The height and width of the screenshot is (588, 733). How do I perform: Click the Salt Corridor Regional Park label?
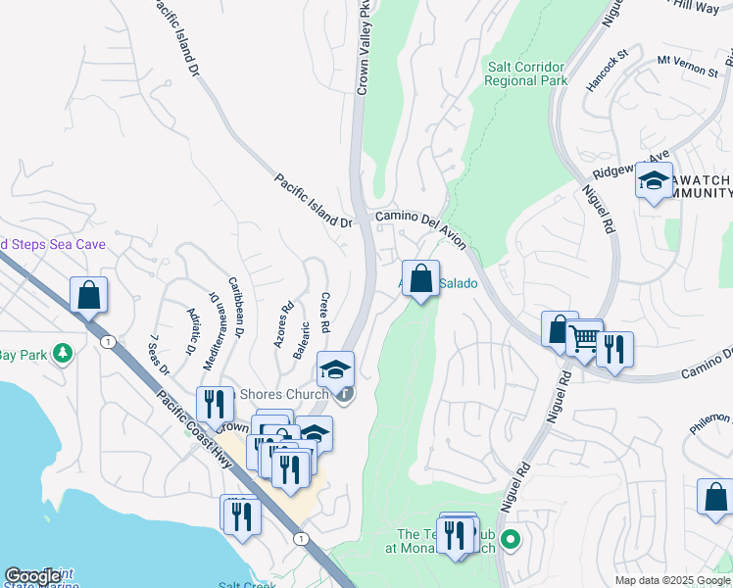point(526,74)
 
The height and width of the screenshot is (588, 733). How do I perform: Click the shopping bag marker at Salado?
point(420,279)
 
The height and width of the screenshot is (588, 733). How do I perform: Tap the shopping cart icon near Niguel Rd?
point(584,339)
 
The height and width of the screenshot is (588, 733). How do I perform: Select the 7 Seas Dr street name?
point(159,355)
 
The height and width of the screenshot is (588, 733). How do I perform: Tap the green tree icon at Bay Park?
point(63,352)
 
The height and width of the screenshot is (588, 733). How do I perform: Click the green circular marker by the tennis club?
point(510,539)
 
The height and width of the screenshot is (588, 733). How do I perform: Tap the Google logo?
point(32,576)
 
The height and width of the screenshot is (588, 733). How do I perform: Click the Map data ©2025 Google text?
point(671,580)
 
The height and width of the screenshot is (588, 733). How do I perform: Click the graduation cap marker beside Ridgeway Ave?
point(654,181)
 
